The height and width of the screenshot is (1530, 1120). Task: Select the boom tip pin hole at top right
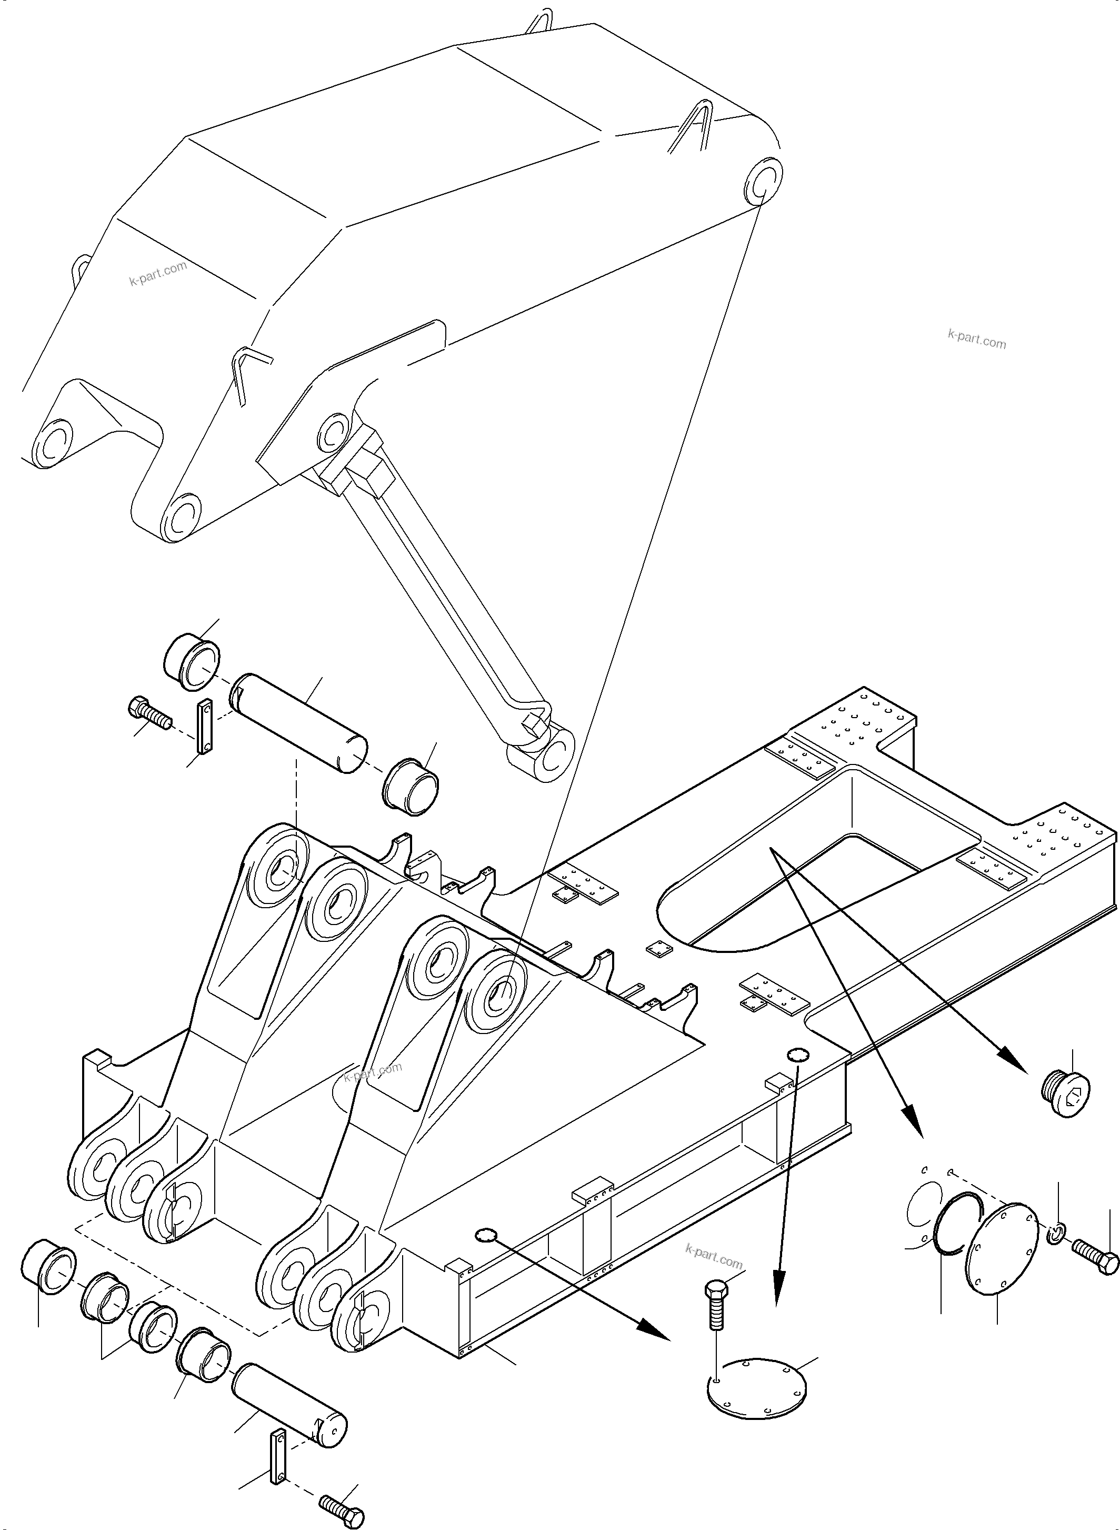coord(763,181)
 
